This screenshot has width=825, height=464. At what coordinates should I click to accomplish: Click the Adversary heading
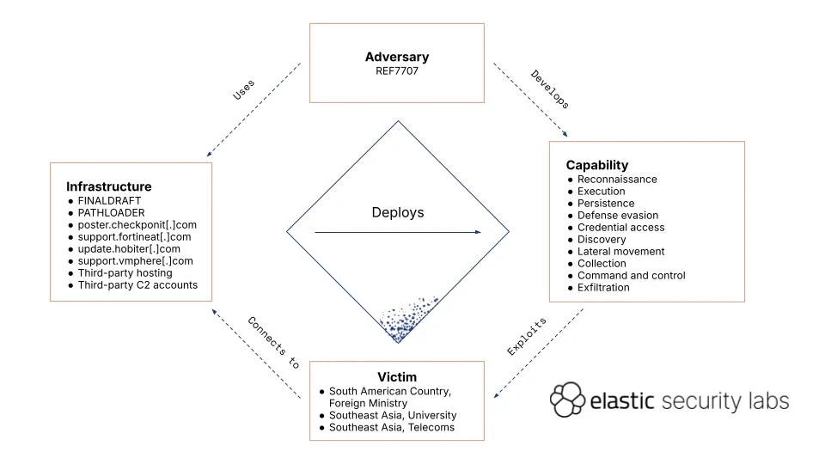pyautogui.click(x=396, y=58)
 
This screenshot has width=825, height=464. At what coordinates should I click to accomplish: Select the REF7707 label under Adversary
pyautogui.click(x=396, y=70)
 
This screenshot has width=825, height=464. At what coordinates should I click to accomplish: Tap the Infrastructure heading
pyautogui.click(x=108, y=186)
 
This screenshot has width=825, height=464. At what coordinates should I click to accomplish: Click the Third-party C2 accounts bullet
pyautogui.click(x=144, y=284)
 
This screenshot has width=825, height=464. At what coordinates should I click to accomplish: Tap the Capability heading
pyautogui.click(x=596, y=165)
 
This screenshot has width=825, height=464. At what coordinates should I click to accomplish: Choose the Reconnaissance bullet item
pyautogui.click(x=617, y=180)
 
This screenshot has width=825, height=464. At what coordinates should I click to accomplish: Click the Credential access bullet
pyautogui.click(x=620, y=228)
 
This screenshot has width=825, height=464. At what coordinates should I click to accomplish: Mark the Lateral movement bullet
pyautogui.click(x=620, y=252)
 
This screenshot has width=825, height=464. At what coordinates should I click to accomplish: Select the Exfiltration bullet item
pyautogui.click(x=603, y=288)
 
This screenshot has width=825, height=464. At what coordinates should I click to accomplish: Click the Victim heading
pyautogui.click(x=397, y=377)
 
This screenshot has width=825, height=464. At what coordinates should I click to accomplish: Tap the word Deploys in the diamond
pyautogui.click(x=397, y=212)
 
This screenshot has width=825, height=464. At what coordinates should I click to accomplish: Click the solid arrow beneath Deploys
pyautogui.click(x=397, y=232)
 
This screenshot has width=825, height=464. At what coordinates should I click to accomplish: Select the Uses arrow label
pyautogui.click(x=244, y=91)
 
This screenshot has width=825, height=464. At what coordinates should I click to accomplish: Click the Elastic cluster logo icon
pyautogui.click(x=566, y=400)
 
